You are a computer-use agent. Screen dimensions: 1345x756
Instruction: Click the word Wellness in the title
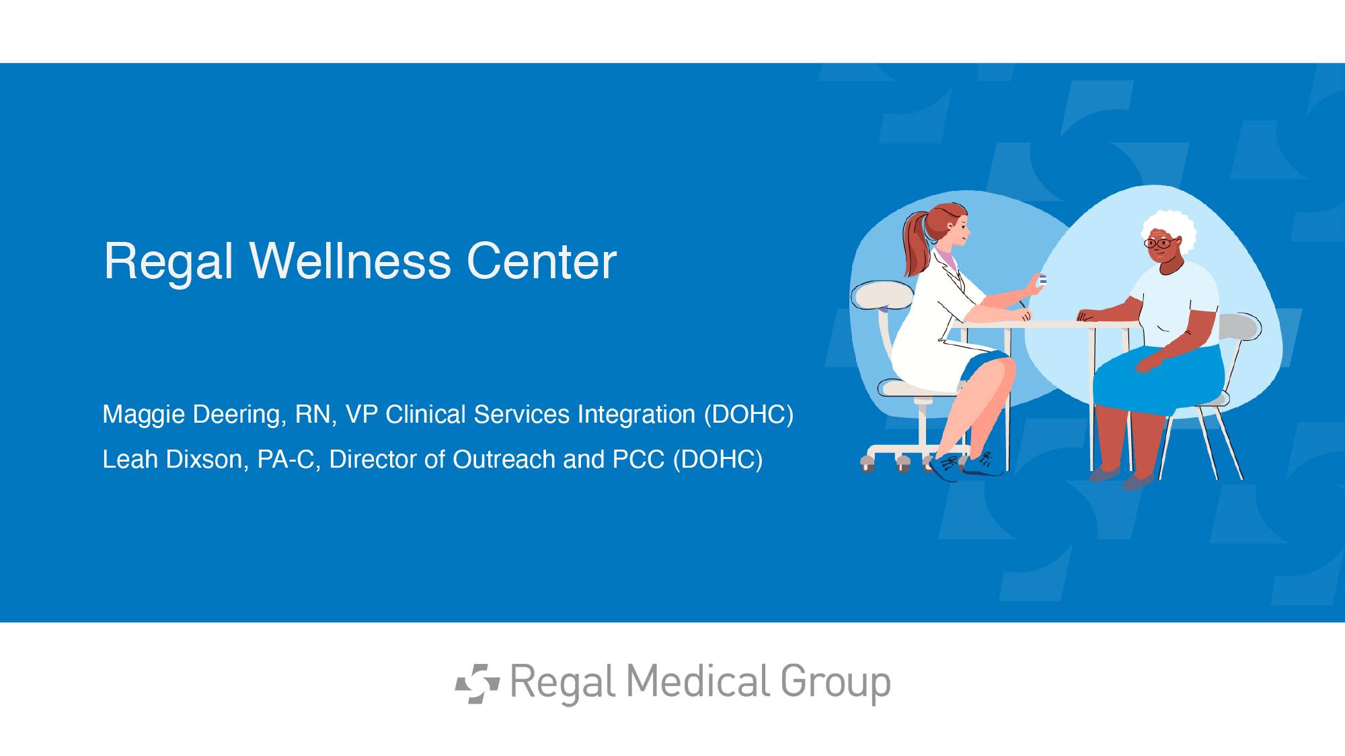pyautogui.click(x=350, y=261)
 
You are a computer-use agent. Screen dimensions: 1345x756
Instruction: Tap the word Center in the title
pyautogui.click(x=541, y=261)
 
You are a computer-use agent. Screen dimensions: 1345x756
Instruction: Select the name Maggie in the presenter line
pyautogui.click(x=143, y=415)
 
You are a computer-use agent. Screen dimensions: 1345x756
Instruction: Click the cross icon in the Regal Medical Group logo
pyautogui.click(x=477, y=683)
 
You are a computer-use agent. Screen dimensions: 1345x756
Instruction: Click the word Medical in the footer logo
pyautogui.click(x=698, y=681)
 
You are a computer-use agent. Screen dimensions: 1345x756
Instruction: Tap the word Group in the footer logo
pyautogui.click(x=835, y=684)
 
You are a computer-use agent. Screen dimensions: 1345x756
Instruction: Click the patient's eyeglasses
pyautogui.click(x=1159, y=243)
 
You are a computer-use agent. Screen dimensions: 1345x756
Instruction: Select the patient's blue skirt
pyautogui.click(x=1157, y=380)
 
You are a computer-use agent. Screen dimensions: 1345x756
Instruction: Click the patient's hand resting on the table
pyautogui.click(x=1089, y=314)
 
